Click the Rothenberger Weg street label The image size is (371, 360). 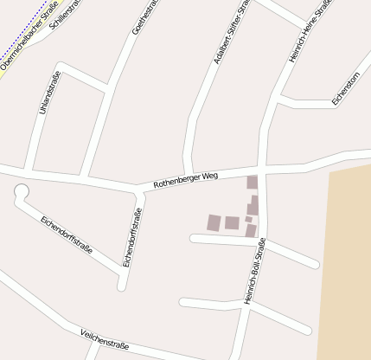pos(185,180)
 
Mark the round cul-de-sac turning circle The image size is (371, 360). pos(22,192)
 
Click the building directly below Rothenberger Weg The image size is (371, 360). pos(253,183)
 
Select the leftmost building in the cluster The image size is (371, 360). pos(214,222)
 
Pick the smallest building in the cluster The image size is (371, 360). pos(248,219)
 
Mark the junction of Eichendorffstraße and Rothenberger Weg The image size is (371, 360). pos(140,188)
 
